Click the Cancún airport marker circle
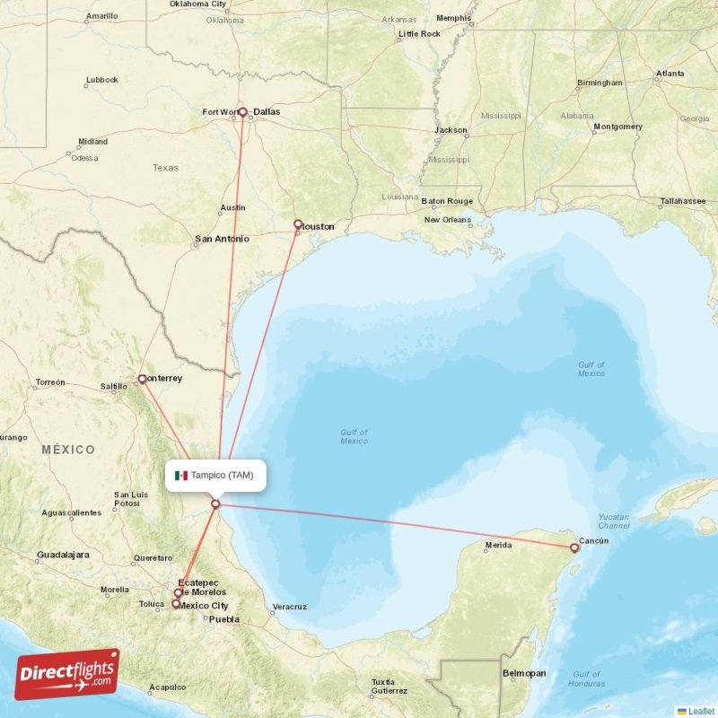tap(574, 547)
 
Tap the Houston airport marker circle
tap(298, 224)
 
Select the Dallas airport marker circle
tap(242, 112)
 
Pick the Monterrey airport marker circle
tap(142, 379)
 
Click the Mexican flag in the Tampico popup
tap(181, 476)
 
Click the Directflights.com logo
tap(67, 674)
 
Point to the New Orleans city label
tap(447, 220)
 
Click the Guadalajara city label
tap(63, 555)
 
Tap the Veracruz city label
tap(289, 607)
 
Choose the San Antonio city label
tap(222, 239)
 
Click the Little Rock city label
tap(419, 34)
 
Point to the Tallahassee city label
tap(682, 201)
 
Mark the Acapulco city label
tap(168, 687)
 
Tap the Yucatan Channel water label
tap(614, 521)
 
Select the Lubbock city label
tap(101, 80)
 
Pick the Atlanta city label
tap(670, 74)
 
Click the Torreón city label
tap(49, 382)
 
